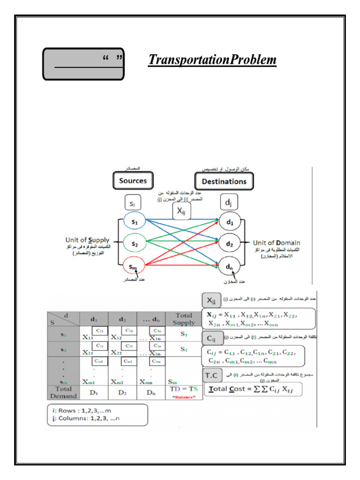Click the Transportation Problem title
[x=212, y=60]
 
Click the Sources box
[x=133, y=181]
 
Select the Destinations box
[x=224, y=181]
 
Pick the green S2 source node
[x=134, y=244]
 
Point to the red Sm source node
[x=134, y=267]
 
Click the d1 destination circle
[x=229, y=222]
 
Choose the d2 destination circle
[x=229, y=244]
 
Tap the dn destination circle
[x=229, y=267]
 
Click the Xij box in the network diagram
[x=181, y=211]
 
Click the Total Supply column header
[x=184, y=319]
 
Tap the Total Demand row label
[x=63, y=392]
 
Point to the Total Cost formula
[x=252, y=390]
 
